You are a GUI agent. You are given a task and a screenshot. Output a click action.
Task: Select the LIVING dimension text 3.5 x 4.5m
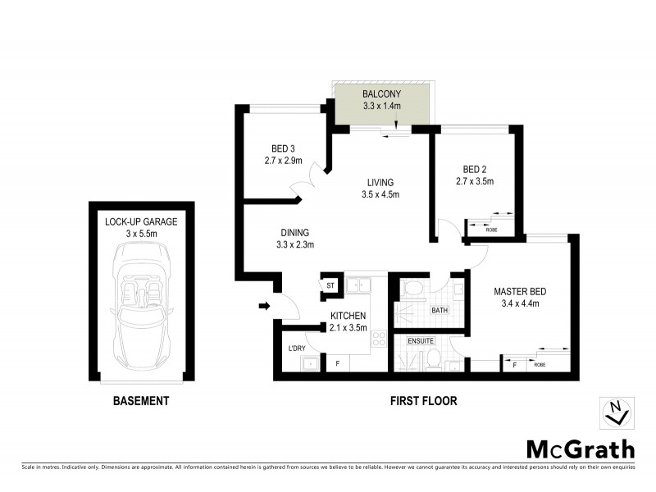click(x=380, y=194)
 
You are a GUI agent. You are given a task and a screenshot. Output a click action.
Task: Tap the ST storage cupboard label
click(x=331, y=285)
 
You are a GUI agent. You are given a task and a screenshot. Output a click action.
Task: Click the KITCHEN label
click(x=348, y=316)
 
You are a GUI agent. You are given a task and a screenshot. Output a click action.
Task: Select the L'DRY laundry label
click(x=296, y=349)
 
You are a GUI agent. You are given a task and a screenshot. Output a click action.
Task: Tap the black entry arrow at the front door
click(x=264, y=307)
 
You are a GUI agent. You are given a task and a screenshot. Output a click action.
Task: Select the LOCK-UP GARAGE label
click(x=141, y=221)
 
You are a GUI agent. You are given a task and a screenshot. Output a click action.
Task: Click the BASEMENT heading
click(x=141, y=401)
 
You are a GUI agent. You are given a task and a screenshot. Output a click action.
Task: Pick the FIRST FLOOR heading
click(x=423, y=401)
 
